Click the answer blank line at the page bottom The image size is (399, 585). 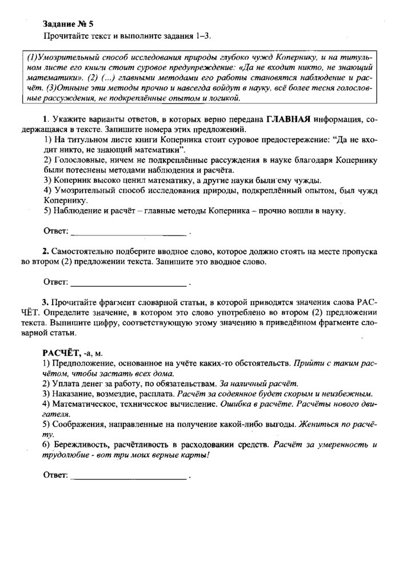(x=128, y=475)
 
